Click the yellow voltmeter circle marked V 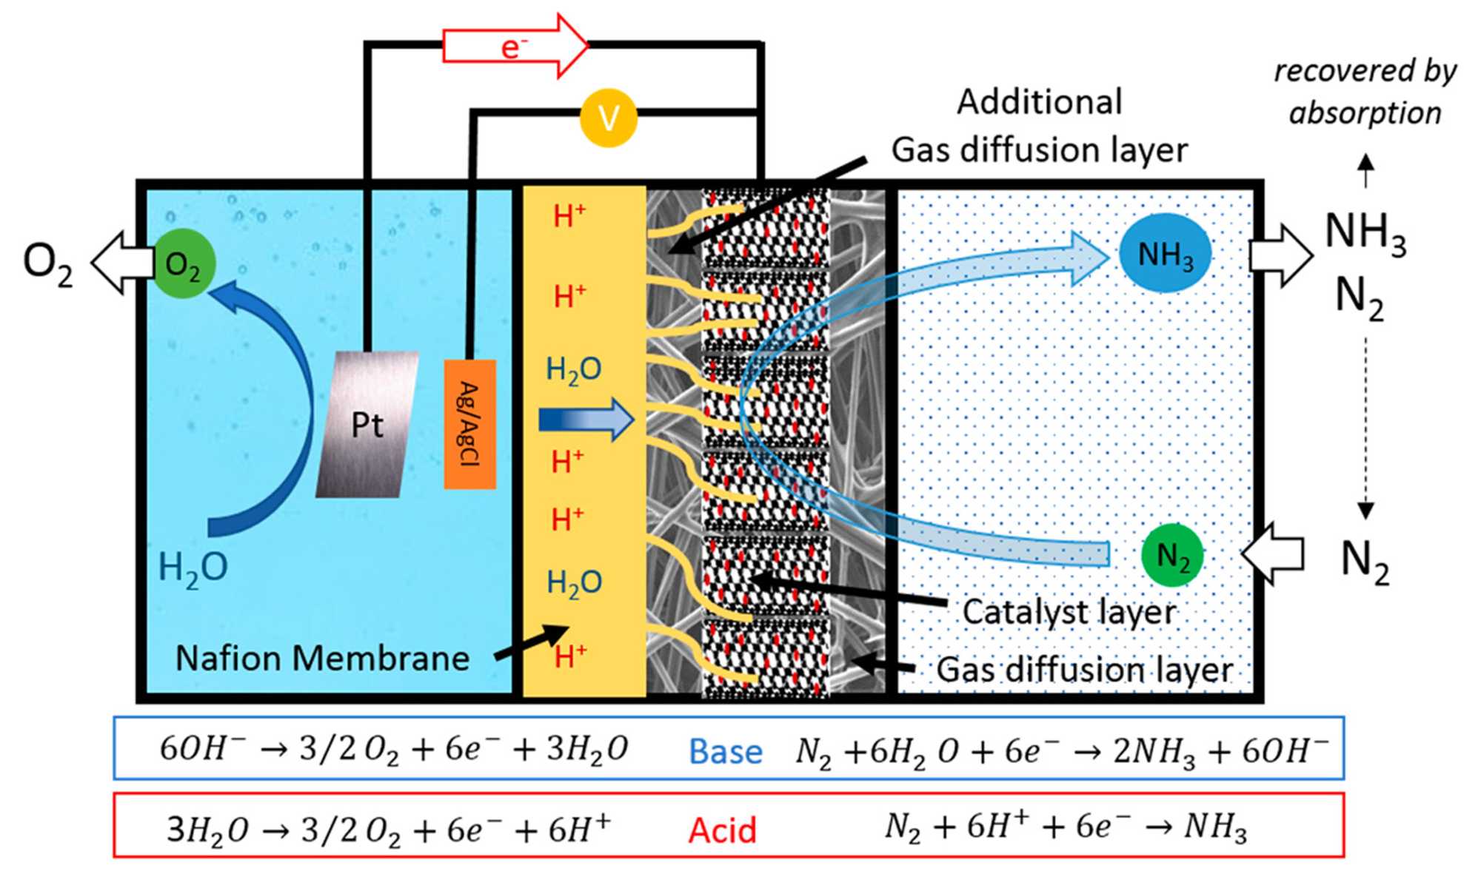tap(608, 118)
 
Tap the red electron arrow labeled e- tap(515, 47)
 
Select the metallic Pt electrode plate tap(367, 425)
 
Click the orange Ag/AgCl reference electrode tap(469, 424)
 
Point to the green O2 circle tap(183, 263)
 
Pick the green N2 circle tap(1172, 555)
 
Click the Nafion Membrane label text tap(322, 658)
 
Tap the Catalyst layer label tap(1069, 612)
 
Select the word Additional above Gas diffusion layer tap(1039, 102)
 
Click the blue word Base tap(725, 752)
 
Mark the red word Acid tap(722, 830)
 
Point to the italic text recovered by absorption tap(1365, 92)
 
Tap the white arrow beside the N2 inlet tap(1273, 554)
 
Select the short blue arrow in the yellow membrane tap(586, 420)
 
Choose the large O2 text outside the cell tap(47, 263)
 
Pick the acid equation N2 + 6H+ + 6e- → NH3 tap(1066, 827)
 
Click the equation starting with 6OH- tap(393, 749)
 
